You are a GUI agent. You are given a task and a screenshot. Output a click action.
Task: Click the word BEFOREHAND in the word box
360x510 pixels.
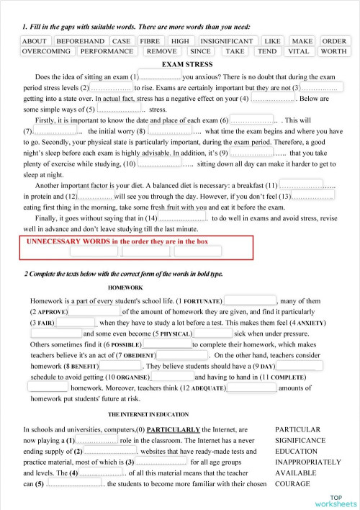point(81,41)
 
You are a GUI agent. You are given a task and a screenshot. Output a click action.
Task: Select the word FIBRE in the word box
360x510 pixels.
point(149,41)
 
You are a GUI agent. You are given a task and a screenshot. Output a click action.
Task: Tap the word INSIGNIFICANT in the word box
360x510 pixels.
point(226,41)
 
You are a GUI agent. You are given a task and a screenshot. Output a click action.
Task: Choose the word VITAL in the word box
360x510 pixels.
point(298,51)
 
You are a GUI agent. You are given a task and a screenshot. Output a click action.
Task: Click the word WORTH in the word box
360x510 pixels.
point(333,51)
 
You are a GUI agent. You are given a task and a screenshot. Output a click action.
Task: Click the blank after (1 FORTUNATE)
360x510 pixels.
point(251,300)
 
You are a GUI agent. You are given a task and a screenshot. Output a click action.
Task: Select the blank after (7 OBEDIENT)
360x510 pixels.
point(181,354)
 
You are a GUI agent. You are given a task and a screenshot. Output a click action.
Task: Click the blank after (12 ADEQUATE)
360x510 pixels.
point(251,388)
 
